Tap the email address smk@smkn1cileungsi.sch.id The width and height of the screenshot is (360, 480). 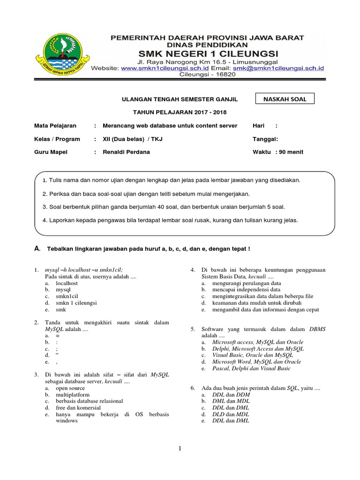(280, 68)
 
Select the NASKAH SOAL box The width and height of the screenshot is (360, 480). (284, 99)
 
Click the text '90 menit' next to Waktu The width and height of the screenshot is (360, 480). (291, 152)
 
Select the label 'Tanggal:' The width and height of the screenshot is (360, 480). (265, 139)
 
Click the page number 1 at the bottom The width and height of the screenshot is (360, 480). (180, 449)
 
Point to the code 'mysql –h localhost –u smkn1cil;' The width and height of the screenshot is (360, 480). (83, 270)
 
